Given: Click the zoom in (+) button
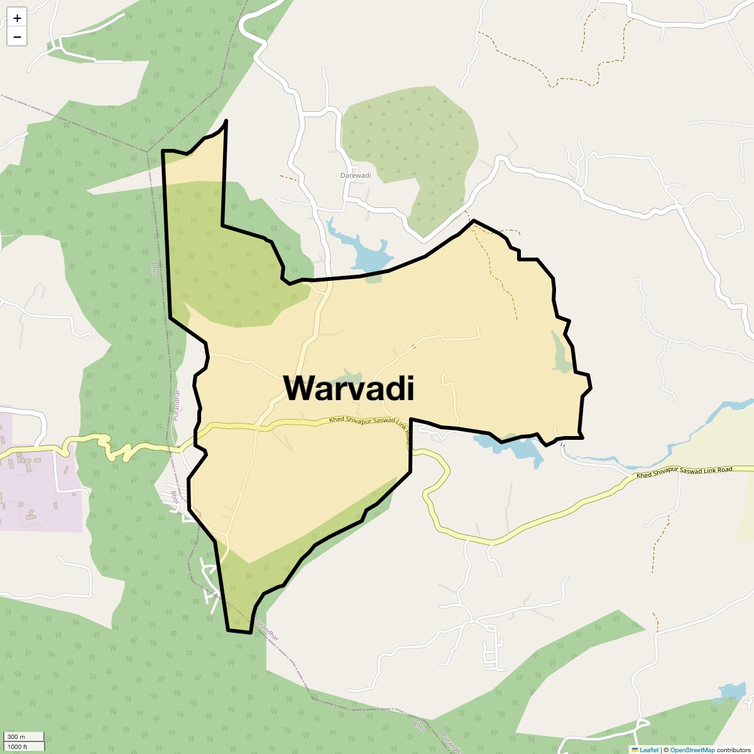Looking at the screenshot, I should [17, 18].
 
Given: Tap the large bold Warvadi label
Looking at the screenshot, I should [349, 388].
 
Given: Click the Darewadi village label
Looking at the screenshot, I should [356, 175].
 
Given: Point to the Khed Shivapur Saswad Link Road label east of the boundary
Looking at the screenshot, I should [684, 472].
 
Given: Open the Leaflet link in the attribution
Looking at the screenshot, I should [649, 750].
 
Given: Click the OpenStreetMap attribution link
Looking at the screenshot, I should [692, 750].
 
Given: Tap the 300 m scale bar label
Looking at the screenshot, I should [16, 737].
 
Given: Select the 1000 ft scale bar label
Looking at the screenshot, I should [18, 746].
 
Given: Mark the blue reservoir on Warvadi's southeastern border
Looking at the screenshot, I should [518, 447].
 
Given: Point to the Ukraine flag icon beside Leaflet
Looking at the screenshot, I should [635, 750].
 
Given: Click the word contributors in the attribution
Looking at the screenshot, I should [733, 750].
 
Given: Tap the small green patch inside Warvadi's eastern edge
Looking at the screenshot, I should [561, 352].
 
